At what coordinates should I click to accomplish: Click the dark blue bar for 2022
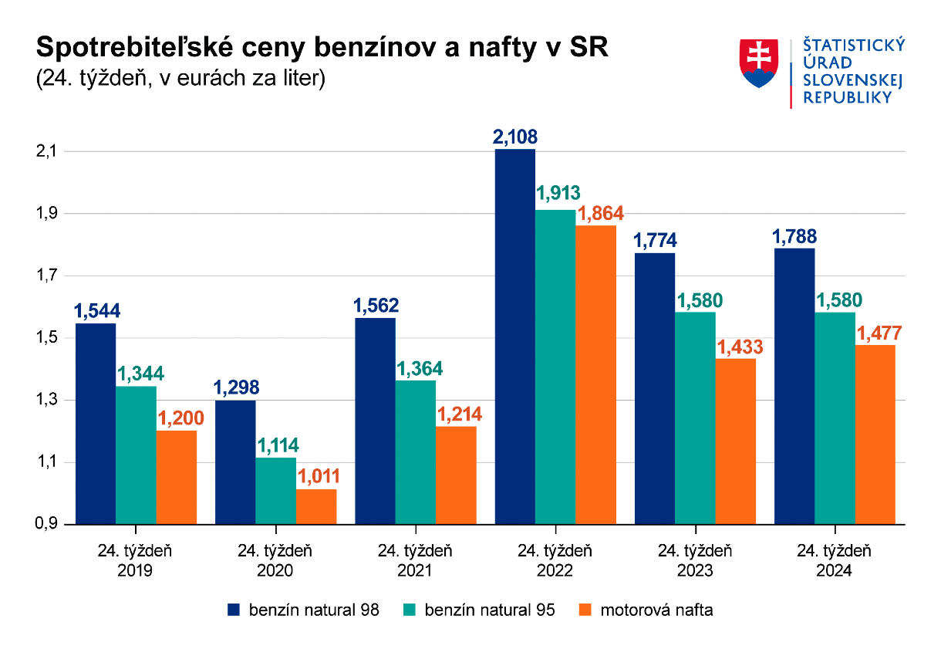pos(514,336)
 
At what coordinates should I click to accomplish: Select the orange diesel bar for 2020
pos(316,506)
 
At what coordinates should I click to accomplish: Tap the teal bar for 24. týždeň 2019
pos(136,455)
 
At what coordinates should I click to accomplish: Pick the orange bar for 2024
pos(875,434)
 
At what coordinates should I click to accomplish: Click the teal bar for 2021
pos(415,451)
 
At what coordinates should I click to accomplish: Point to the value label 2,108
pos(514,137)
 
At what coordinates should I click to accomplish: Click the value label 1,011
pos(316,476)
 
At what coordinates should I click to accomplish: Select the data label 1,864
pos(595,213)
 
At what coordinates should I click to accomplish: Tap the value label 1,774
pos(655,241)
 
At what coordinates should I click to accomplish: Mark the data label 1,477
pos(875,333)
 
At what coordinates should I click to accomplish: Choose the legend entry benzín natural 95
pos(479,610)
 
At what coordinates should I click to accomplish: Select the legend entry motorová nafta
pos(646,610)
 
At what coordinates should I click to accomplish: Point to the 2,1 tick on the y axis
pos(48,151)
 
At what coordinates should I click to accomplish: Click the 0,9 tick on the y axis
pos(48,525)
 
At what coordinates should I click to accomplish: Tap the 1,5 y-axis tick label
pos(48,338)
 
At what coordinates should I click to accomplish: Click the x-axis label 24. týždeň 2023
pos(694,561)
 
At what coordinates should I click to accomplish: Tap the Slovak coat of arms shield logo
pos(759,63)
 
